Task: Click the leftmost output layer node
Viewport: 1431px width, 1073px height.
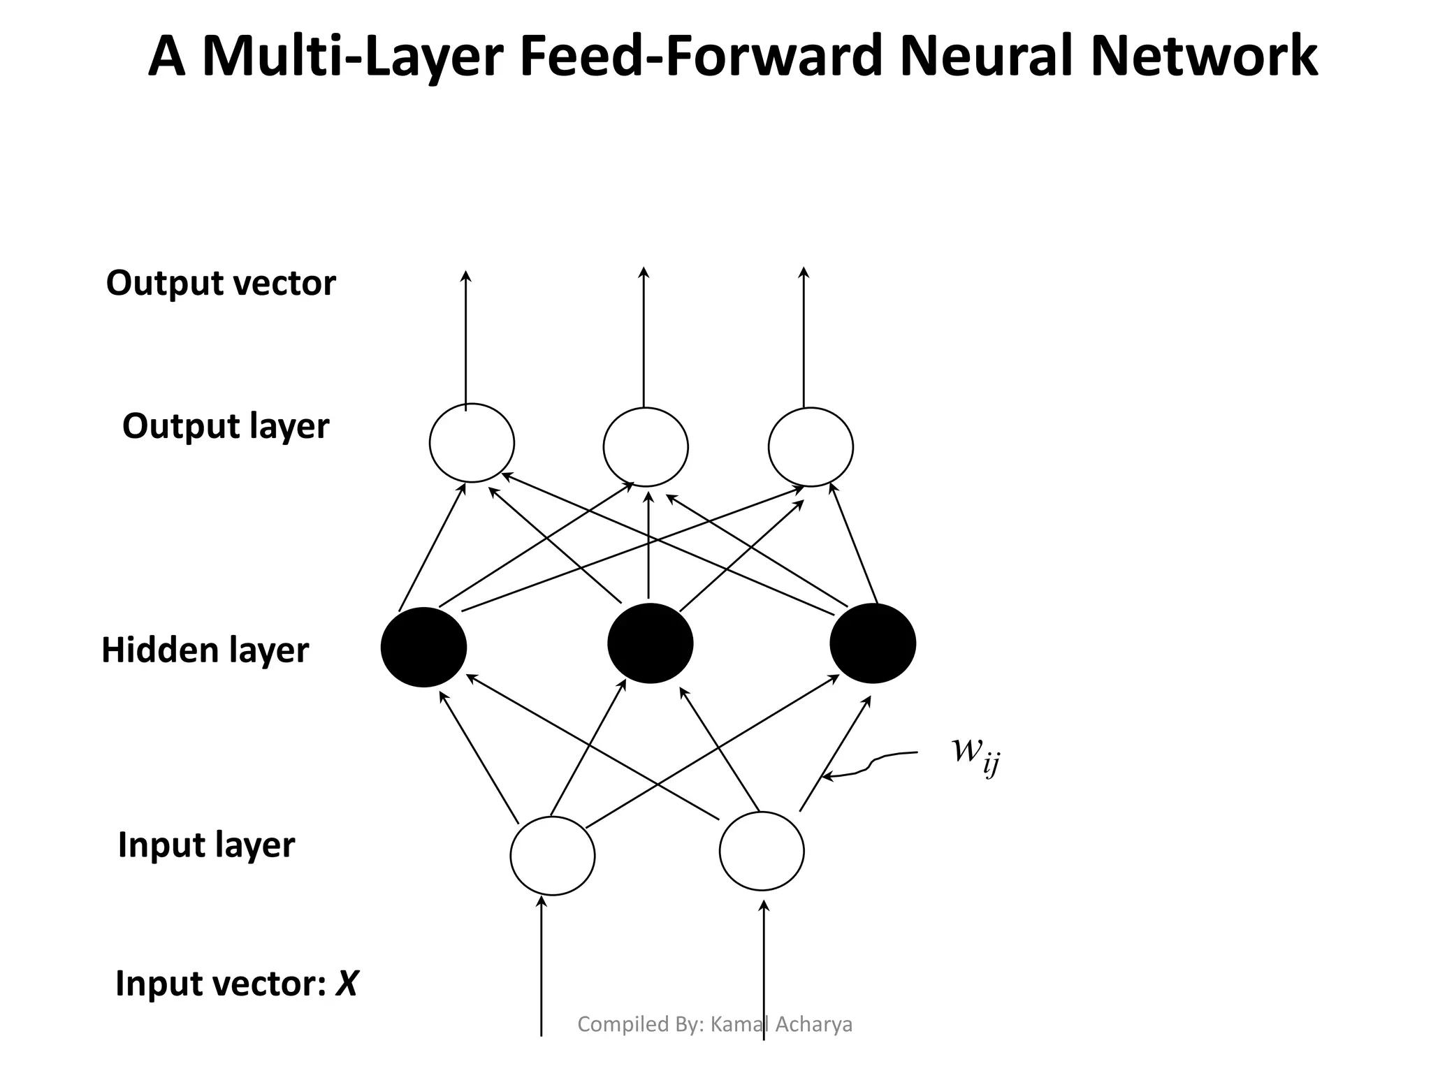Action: (x=472, y=443)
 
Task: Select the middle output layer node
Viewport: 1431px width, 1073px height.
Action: (x=646, y=447)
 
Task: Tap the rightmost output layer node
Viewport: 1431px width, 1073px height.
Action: (x=811, y=447)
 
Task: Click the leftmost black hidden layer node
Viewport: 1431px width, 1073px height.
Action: (x=423, y=647)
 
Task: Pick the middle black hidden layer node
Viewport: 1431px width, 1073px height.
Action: (x=650, y=643)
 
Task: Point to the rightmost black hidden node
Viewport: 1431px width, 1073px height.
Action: (x=873, y=643)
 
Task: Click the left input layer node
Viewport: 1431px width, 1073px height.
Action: (x=552, y=855)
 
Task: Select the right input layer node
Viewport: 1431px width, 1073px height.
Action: (x=762, y=851)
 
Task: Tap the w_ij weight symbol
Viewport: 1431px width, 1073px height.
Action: (x=975, y=754)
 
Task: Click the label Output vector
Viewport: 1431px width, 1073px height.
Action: (x=221, y=284)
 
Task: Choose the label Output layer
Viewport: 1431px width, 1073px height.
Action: (x=225, y=426)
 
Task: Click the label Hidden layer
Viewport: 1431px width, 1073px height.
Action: (x=205, y=650)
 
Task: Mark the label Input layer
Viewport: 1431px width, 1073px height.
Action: (x=206, y=845)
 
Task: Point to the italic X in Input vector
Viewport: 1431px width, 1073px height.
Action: (x=347, y=984)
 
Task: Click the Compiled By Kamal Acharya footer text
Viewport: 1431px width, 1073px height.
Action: (x=715, y=1024)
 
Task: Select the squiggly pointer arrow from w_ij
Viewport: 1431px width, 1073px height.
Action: (x=870, y=764)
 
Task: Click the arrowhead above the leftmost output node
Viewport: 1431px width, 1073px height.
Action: (x=466, y=276)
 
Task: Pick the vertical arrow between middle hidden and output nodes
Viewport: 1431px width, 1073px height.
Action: (x=648, y=545)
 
